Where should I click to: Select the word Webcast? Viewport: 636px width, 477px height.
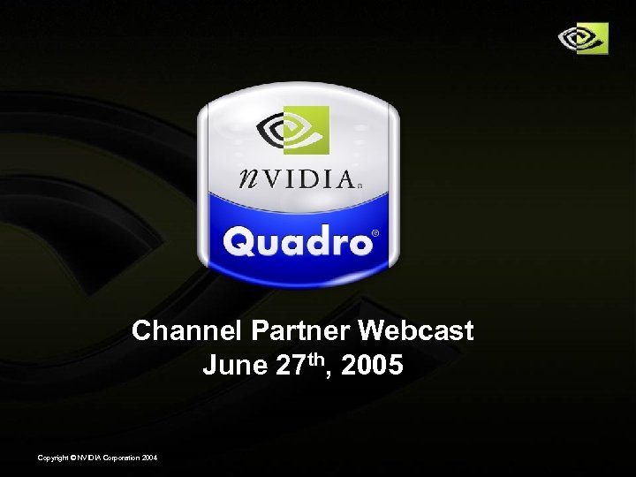click(x=416, y=331)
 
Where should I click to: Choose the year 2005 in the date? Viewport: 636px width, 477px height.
click(x=375, y=365)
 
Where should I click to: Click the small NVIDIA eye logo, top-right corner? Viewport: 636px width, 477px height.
click(x=583, y=38)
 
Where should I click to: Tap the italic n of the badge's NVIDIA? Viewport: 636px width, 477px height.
click(x=251, y=179)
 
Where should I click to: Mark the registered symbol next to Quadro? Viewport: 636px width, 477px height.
click(x=375, y=233)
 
